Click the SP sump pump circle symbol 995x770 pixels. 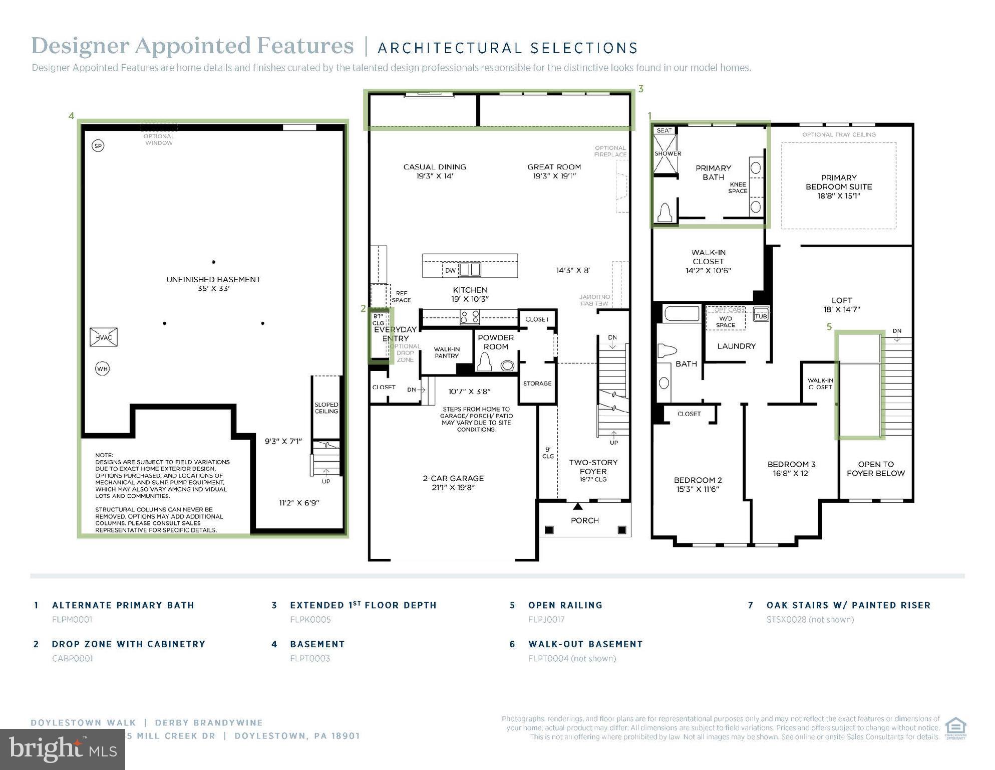pyautogui.click(x=98, y=146)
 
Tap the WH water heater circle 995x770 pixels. pyautogui.click(x=102, y=369)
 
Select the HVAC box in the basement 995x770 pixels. pyautogui.click(x=104, y=337)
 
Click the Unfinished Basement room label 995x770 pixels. pyautogui.click(x=213, y=284)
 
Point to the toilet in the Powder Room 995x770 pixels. pyautogui.click(x=485, y=362)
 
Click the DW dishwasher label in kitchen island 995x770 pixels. pyautogui.click(x=450, y=270)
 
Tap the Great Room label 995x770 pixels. pyautogui.click(x=554, y=171)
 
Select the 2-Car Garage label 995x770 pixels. pyautogui.click(x=453, y=482)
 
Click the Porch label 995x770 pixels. pyautogui.click(x=584, y=520)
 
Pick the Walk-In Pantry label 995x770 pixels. pyautogui.click(x=446, y=352)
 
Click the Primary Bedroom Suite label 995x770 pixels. pyautogui.click(x=838, y=186)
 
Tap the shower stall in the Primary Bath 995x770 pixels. pyautogui.click(x=666, y=153)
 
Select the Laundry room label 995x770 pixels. pyautogui.click(x=736, y=346)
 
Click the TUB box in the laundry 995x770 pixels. pyautogui.click(x=761, y=315)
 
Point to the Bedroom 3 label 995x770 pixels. pyautogui.click(x=791, y=468)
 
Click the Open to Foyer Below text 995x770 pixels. pyautogui.click(x=875, y=468)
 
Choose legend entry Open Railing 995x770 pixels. pyautogui.click(x=565, y=605)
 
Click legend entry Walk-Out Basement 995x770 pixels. pyautogui.click(x=585, y=644)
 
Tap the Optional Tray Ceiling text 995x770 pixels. pyautogui.click(x=839, y=134)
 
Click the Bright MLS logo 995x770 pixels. pyautogui.click(x=63, y=749)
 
